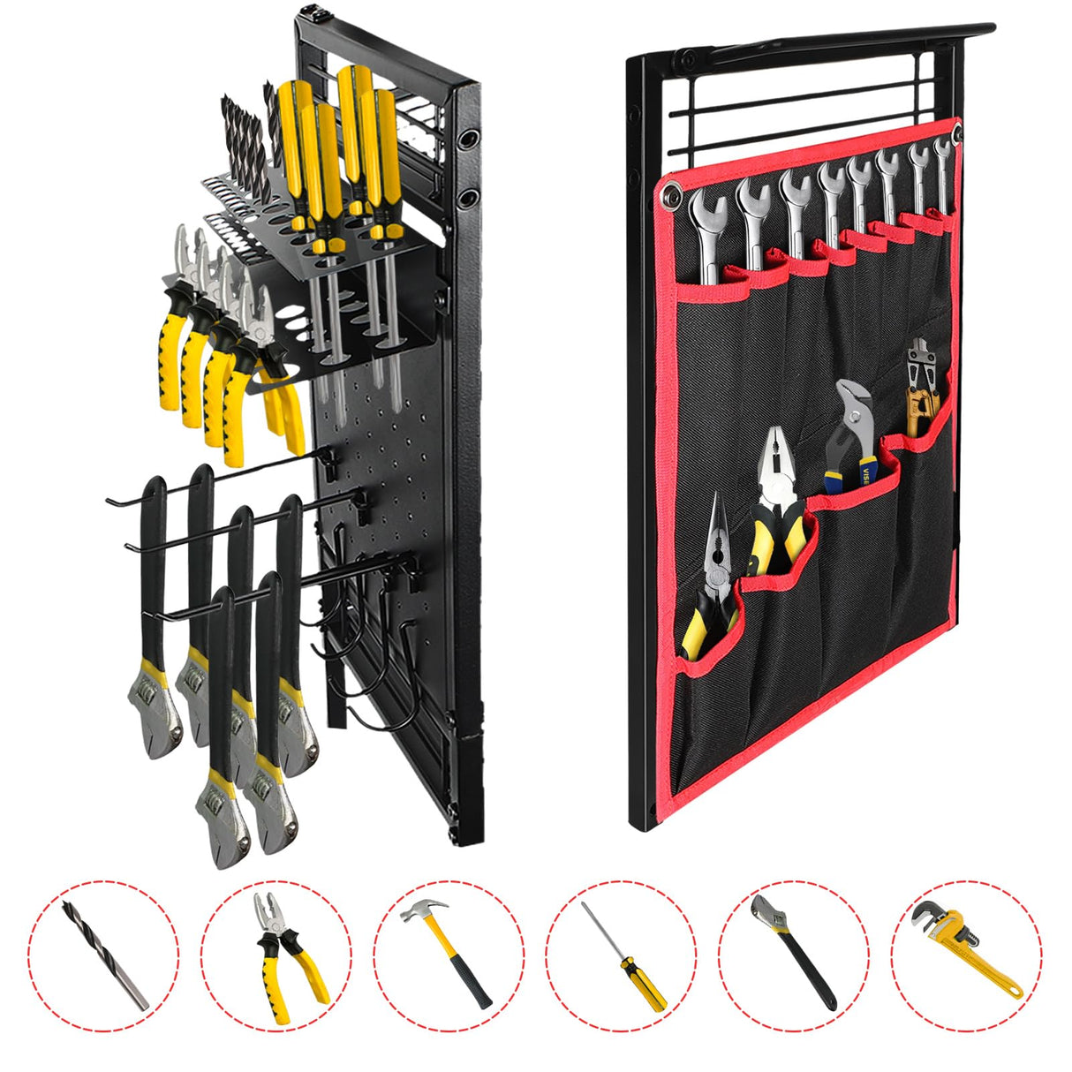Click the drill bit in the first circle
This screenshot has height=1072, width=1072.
[104, 954]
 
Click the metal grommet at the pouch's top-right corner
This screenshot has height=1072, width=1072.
[956, 135]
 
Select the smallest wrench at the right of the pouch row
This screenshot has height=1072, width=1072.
[942, 177]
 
